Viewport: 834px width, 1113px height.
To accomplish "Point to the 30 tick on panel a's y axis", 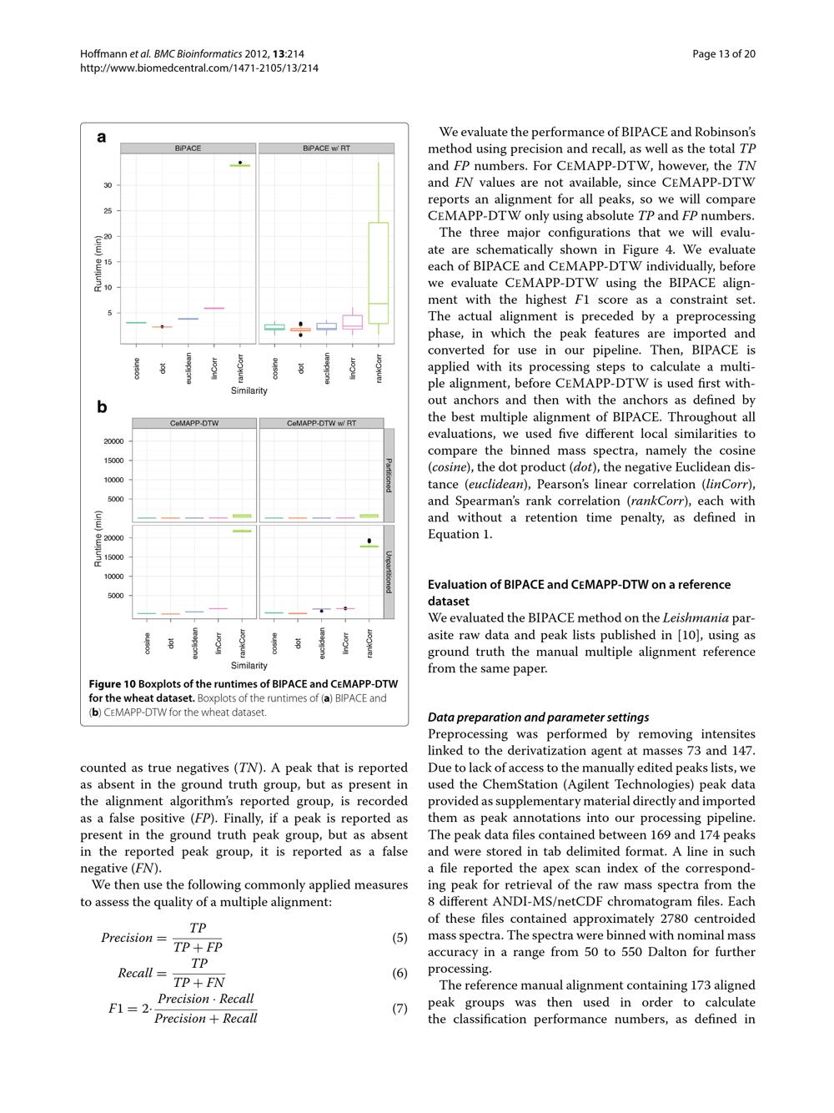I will [x=108, y=185].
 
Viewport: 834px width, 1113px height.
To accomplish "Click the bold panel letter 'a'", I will [x=102, y=138].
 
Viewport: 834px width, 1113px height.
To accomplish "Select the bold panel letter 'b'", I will [x=102, y=407].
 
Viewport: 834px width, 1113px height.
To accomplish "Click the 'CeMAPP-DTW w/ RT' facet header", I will [x=321, y=423].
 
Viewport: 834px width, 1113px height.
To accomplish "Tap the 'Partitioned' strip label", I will [x=389, y=475].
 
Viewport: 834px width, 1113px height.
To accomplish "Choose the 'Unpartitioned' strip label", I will [x=389, y=572].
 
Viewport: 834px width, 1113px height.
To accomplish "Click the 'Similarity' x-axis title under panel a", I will [x=249, y=390].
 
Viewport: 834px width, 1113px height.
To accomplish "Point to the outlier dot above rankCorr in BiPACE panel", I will [x=240, y=163].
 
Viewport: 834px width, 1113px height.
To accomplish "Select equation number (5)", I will [x=399, y=938].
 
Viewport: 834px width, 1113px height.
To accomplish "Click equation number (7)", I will [x=399, y=1009].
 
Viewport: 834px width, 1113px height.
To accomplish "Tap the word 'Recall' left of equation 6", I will [x=135, y=973].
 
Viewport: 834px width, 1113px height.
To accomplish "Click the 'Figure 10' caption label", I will [x=112, y=684].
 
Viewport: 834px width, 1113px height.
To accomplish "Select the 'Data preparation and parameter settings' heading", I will [x=538, y=718].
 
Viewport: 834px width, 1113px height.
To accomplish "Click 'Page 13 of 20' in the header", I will [x=723, y=54].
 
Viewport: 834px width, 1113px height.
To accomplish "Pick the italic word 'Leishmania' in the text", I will [x=696, y=618].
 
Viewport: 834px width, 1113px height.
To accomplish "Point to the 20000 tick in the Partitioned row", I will [x=113, y=441].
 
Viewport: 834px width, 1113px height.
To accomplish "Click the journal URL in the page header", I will [x=198, y=68].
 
